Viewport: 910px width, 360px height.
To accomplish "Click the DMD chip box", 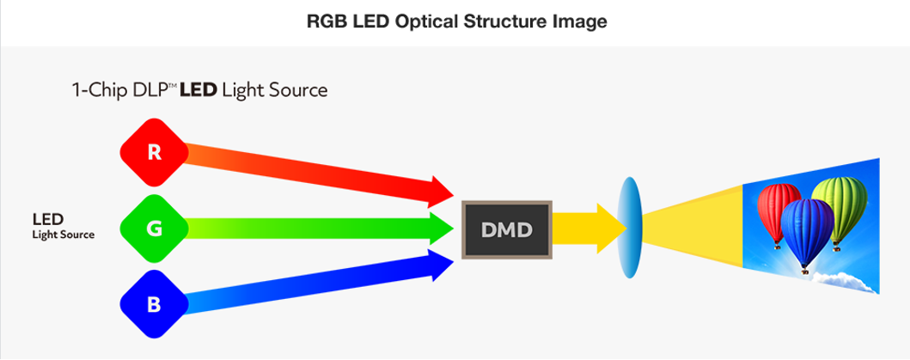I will click(x=506, y=229).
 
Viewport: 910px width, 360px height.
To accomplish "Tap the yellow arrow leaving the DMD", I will click(x=589, y=228).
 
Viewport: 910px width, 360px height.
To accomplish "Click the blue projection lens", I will click(x=630, y=228).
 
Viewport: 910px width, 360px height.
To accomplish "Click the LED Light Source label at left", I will click(x=63, y=225).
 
